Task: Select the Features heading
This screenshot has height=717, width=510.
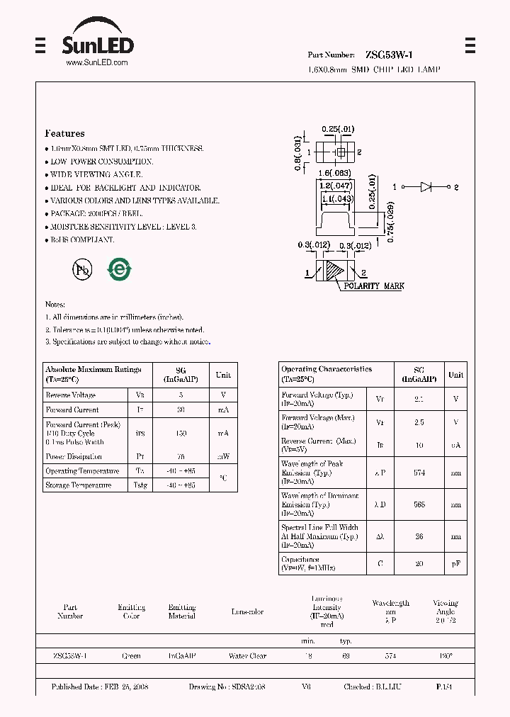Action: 64,133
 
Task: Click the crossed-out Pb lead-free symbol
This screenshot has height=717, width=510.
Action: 82,269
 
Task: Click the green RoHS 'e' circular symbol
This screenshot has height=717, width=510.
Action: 118,269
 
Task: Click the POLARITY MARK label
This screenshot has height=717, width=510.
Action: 374,286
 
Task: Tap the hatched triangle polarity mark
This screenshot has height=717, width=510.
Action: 333,271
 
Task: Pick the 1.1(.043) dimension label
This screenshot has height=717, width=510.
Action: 336,200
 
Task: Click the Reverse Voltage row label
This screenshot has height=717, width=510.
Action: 70,395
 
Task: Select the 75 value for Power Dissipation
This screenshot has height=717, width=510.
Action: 181,457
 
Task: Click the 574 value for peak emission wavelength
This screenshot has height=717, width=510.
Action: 419,473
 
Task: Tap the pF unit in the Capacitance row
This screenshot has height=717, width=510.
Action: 455,563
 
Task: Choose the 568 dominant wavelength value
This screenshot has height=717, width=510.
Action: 419,504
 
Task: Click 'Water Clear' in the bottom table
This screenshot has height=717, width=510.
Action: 247,656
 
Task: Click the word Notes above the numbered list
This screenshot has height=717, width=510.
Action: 55,304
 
